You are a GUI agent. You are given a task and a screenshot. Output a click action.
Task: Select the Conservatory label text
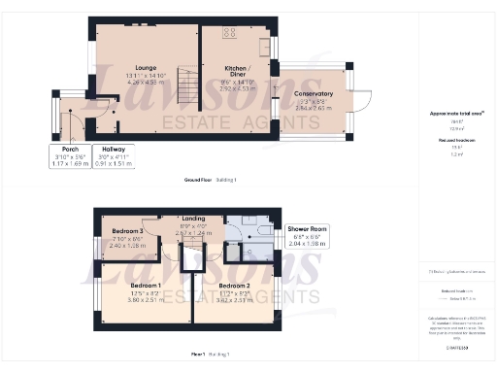point(313,94)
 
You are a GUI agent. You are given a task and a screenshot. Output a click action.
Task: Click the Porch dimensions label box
point(67,154)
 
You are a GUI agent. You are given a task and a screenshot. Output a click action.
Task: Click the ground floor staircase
point(185,88)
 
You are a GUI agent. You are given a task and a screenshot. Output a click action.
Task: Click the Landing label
point(192,220)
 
